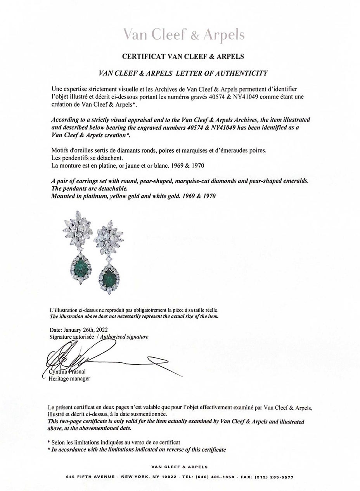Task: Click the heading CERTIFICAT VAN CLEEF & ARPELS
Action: point(183,56)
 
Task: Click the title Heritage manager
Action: point(69,379)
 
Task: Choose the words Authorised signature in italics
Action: point(124,337)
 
